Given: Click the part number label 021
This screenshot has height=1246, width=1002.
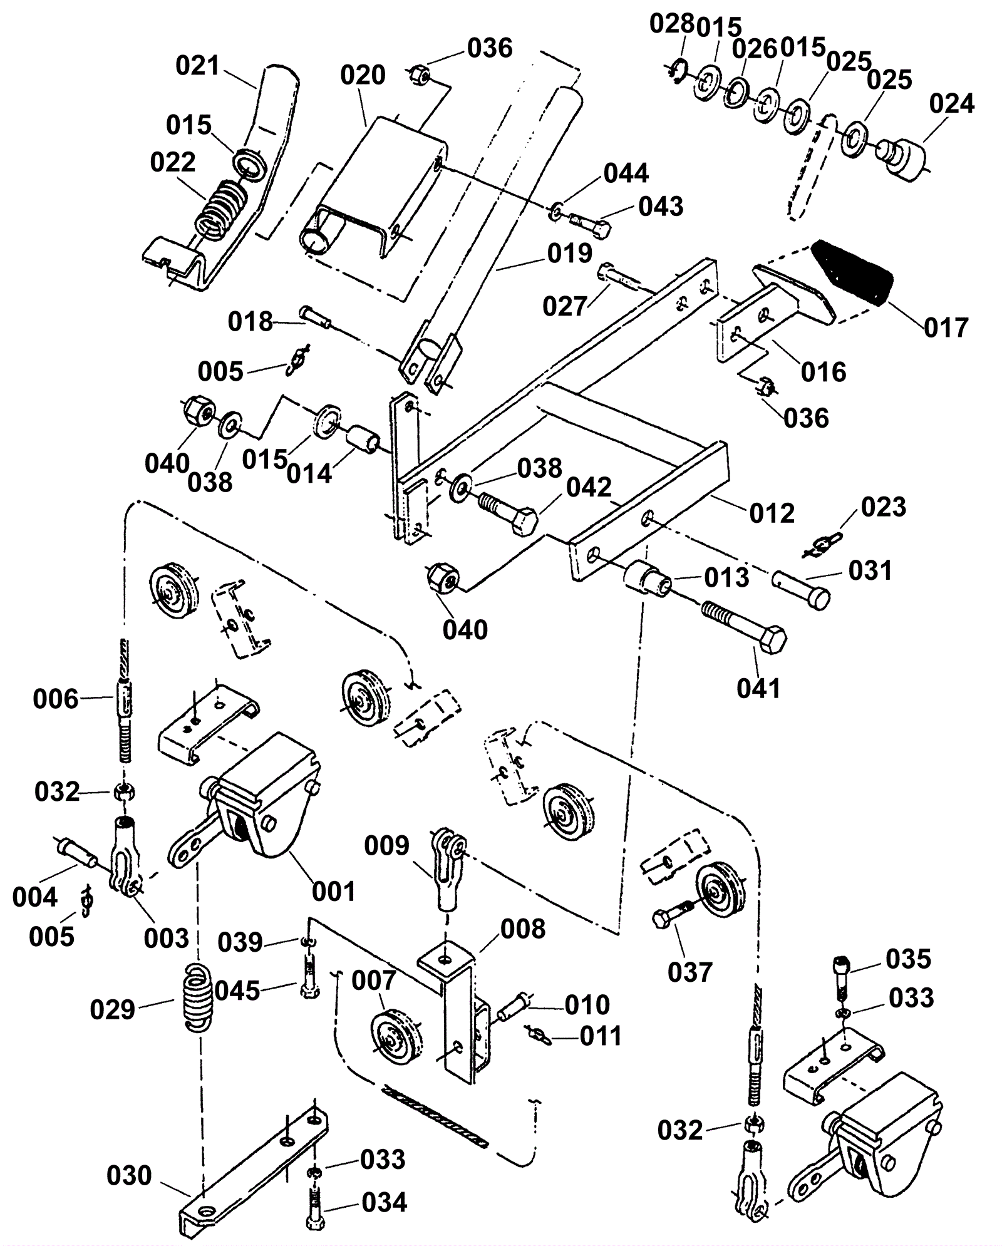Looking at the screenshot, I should pyautogui.click(x=198, y=66).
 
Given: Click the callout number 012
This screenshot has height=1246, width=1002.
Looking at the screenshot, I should pyautogui.click(x=772, y=513).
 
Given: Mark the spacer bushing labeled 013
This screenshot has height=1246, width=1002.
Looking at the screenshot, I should pyautogui.click(x=645, y=577).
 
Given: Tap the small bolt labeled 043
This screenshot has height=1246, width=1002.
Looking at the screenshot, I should pyautogui.click(x=588, y=224).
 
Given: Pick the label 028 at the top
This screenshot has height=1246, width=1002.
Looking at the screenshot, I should pyautogui.click(x=672, y=24).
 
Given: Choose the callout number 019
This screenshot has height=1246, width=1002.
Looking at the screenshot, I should pyautogui.click(x=569, y=254).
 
